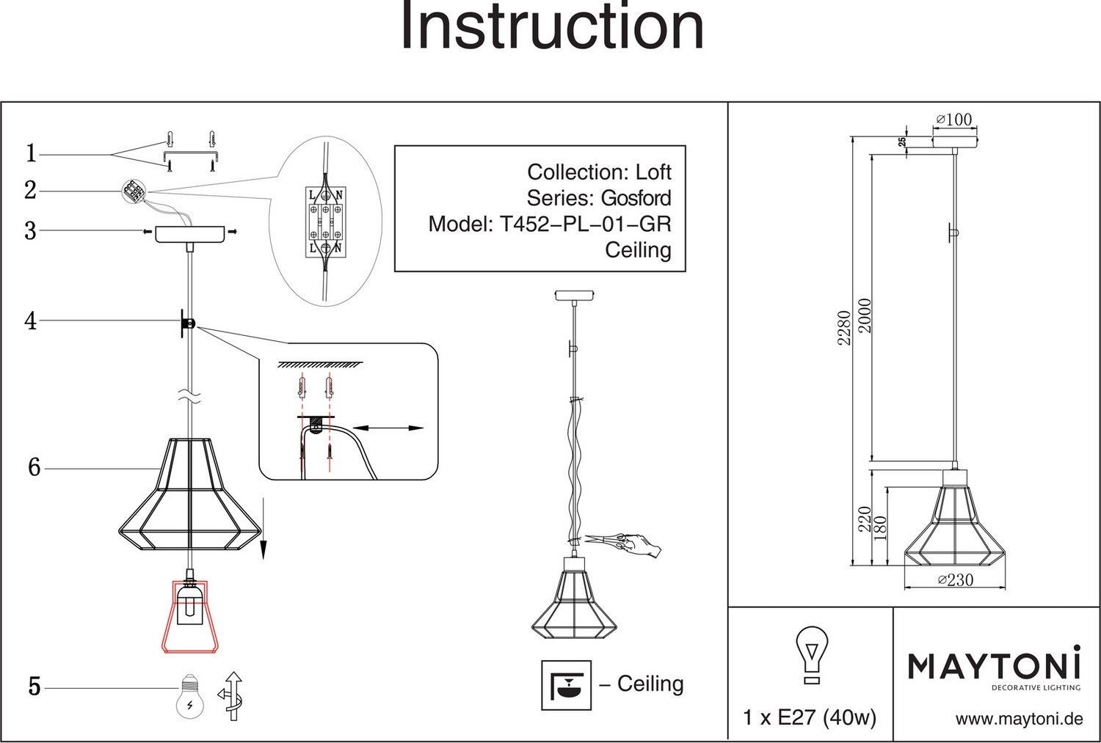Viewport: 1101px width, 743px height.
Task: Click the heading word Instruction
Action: pos(551,28)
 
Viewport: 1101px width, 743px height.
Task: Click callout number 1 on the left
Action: pos(31,154)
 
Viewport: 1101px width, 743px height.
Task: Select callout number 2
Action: pos(30,191)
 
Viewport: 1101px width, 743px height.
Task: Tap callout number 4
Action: pos(30,321)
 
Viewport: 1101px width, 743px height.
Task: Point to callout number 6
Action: pos(34,467)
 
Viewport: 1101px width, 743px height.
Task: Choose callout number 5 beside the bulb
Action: pos(34,687)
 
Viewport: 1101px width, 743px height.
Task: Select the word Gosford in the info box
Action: pos(636,198)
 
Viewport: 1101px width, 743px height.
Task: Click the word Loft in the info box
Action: pos(653,172)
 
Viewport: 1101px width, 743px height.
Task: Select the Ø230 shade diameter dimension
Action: pos(956,579)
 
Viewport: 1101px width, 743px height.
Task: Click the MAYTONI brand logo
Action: pos(995,667)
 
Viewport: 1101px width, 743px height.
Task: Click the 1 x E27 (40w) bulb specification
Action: pos(810,717)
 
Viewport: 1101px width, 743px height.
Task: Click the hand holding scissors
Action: pos(637,544)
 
